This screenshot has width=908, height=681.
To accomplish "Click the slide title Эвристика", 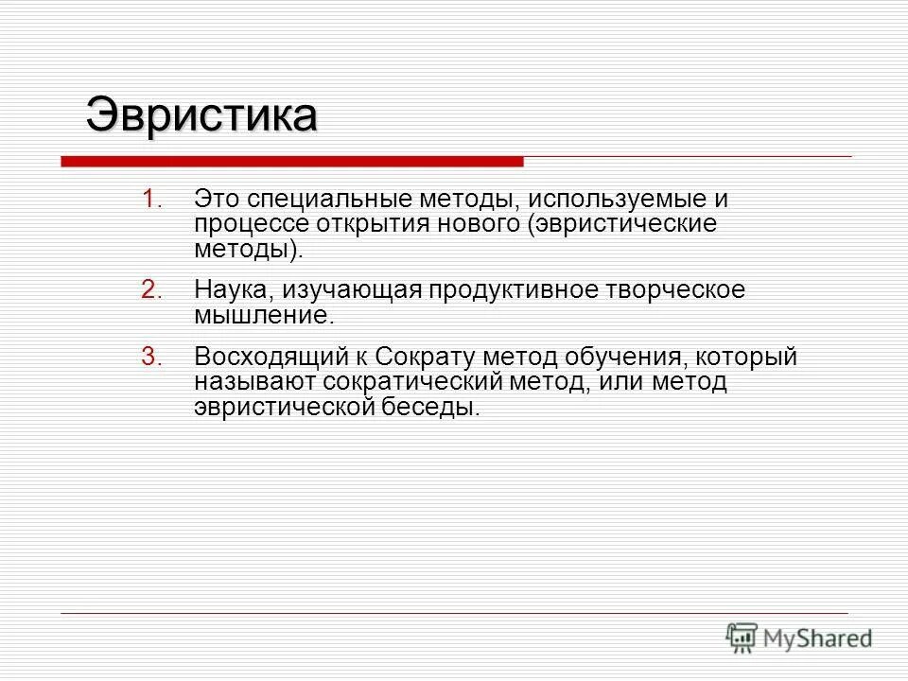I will coord(201,116).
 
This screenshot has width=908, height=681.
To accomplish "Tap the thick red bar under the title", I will coord(291,162).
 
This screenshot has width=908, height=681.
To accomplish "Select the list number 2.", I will coord(153,289).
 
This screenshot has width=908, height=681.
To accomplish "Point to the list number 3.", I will coord(153,358).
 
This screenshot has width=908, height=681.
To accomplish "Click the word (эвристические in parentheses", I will coord(622,225).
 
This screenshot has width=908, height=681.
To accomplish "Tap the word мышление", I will coord(264,315).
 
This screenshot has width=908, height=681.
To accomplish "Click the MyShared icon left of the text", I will coord(742,637).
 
